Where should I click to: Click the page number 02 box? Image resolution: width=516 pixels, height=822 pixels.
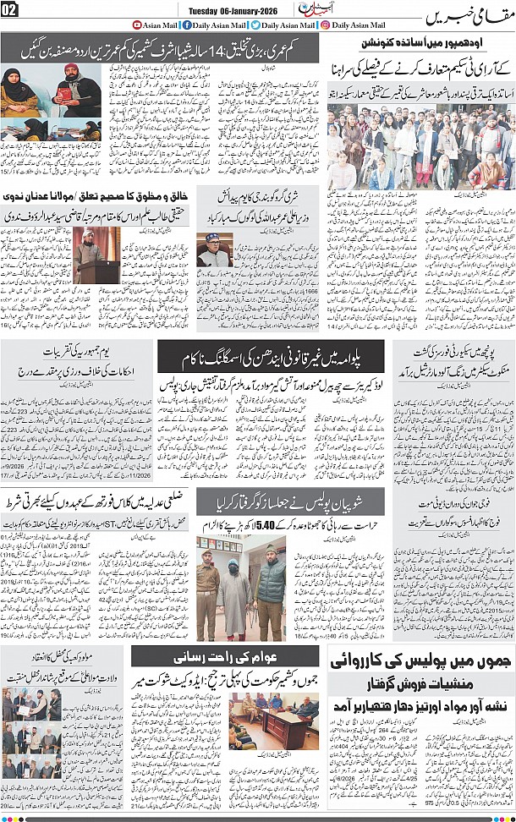[11, 9]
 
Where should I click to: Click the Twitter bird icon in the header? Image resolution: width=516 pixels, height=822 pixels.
[255, 25]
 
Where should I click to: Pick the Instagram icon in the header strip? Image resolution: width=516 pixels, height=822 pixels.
[326, 25]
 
